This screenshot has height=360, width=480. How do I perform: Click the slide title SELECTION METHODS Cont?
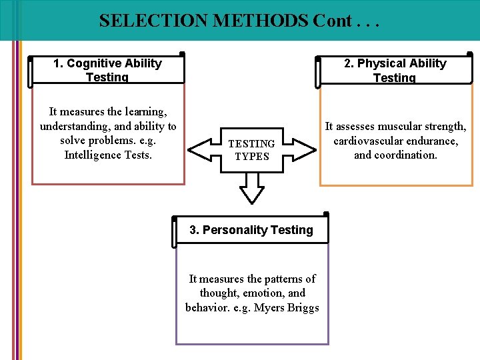pos(239,21)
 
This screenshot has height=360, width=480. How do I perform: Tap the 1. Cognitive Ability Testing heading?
pos(107,70)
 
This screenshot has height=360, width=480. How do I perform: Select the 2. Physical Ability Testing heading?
pos(395,70)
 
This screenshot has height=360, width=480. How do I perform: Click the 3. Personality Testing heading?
pos(251,230)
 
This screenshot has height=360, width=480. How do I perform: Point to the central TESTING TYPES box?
pos(251,150)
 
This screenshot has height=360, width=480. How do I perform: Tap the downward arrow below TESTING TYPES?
pos(252,189)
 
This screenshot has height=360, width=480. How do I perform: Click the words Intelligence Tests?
pos(108,155)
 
